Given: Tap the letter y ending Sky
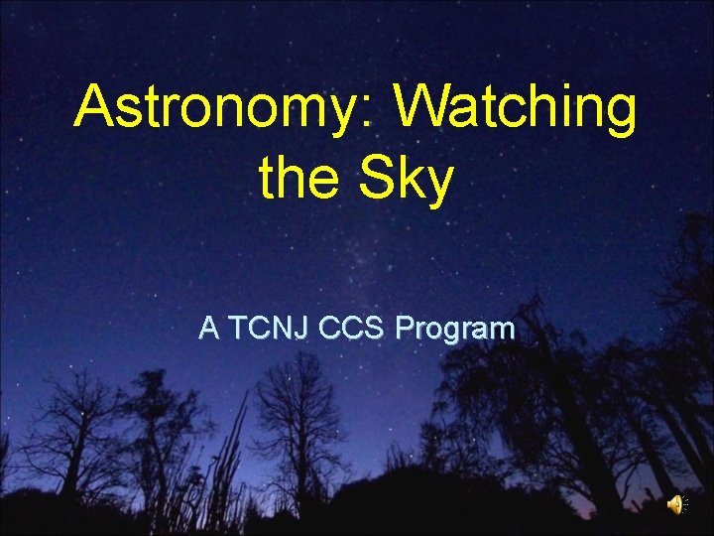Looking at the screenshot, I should (x=436, y=186).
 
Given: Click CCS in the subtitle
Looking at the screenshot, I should (x=353, y=329).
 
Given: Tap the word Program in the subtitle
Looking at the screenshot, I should (x=454, y=331).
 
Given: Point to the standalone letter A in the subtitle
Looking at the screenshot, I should (x=208, y=329).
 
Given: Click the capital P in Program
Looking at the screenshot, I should (x=404, y=329).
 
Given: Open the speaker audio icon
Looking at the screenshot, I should (x=675, y=504).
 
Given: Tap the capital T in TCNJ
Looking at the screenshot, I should (x=239, y=329).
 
